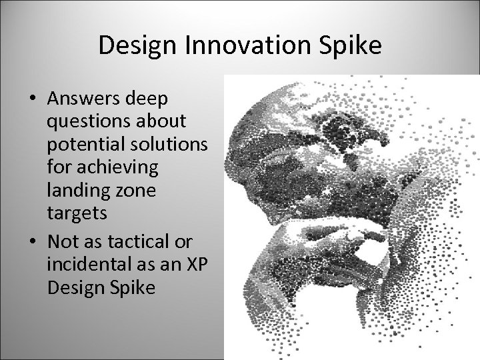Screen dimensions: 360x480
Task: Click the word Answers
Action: [83, 99]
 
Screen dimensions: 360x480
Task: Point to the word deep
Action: [147, 99]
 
